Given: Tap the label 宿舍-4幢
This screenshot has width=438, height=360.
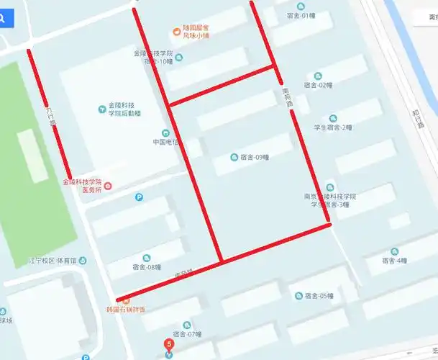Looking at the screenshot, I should pyautogui.click(x=395, y=261).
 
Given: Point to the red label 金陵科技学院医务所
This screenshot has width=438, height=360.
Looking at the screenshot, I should pyautogui.click(x=83, y=186).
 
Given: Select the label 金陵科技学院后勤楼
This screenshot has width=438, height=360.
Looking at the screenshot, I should pyautogui.click(x=124, y=109).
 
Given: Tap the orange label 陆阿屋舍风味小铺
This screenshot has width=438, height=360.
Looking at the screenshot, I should pyautogui.click(x=195, y=30).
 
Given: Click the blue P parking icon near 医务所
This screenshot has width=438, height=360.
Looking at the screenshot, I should pyautogui.click(x=139, y=197).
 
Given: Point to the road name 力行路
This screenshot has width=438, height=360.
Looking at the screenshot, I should pyautogui.click(x=51, y=117).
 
